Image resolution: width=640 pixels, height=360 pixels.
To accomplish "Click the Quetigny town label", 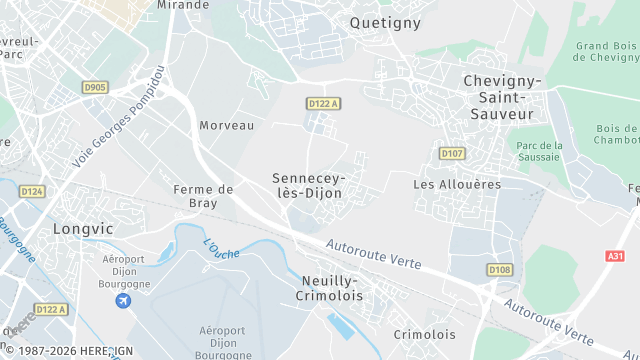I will click(385, 22).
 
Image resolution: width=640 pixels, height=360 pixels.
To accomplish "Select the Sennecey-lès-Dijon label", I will click(307, 185).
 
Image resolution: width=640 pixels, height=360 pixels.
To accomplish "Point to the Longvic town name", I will click(84, 227).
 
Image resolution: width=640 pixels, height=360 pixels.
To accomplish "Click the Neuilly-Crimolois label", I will click(334, 289).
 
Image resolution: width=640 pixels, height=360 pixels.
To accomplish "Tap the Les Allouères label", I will click(456, 185).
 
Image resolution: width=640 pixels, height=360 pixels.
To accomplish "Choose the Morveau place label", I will click(226, 126).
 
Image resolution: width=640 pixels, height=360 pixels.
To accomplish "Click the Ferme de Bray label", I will click(203, 196).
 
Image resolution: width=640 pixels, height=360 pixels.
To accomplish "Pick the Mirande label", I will click(184, 5).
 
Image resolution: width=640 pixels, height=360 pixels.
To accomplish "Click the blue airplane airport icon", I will click(124, 301).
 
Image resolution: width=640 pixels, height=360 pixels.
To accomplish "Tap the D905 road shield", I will click(96, 88).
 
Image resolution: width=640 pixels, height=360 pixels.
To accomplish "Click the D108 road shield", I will click(499, 270).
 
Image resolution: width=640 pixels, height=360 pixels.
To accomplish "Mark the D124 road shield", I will click(32, 191).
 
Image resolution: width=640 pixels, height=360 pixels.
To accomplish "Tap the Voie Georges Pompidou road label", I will click(117, 115).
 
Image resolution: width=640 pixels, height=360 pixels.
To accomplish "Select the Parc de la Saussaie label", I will click(540, 152).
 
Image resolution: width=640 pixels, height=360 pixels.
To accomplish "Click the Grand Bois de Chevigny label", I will click(605, 51).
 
